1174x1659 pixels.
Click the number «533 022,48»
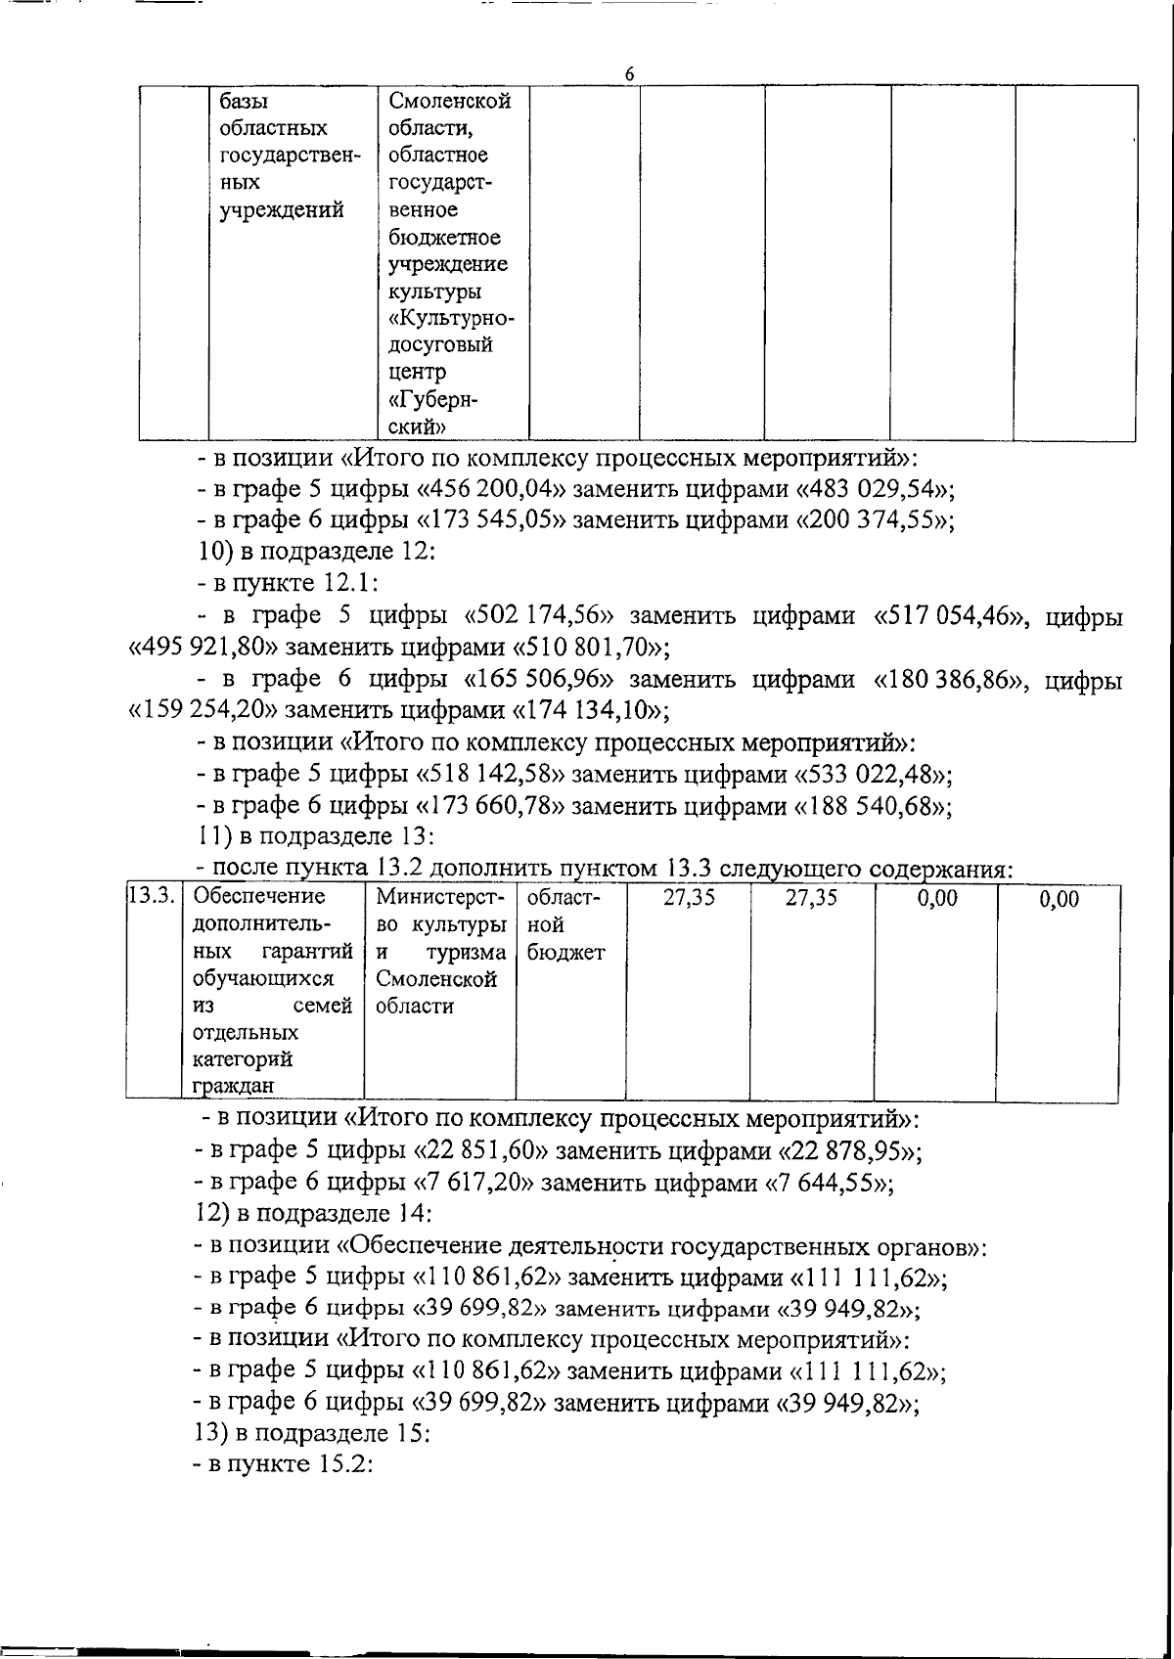[x=870, y=775]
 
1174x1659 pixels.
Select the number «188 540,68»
[x=870, y=807]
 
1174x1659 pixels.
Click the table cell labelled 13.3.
[x=151, y=896]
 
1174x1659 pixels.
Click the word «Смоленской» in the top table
[x=450, y=102]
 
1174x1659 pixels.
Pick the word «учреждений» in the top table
[x=282, y=209]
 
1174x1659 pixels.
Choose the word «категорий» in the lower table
[x=242, y=1059]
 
